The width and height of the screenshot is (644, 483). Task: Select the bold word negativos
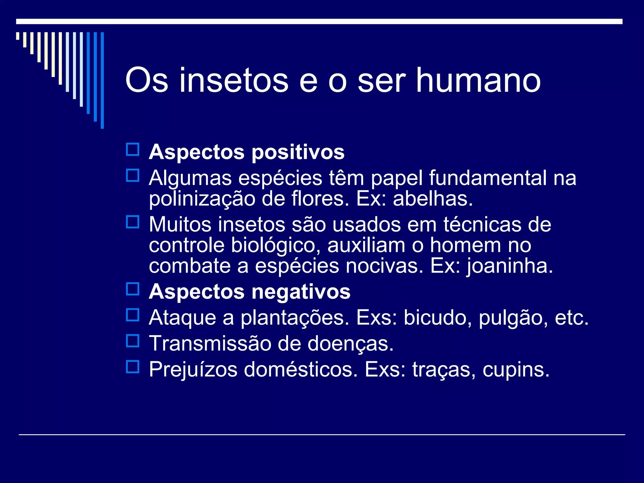pyautogui.click(x=301, y=292)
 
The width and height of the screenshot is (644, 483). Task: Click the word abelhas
pyautogui.click(x=433, y=199)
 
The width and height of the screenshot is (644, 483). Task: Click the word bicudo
pyautogui.click(x=437, y=318)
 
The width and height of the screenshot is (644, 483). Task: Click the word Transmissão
pyautogui.click(x=210, y=343)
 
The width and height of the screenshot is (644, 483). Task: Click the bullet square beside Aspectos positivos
pyautogui.click(x=133, y=150)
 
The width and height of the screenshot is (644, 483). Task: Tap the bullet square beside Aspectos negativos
pyautogui.click(x=133, y=289)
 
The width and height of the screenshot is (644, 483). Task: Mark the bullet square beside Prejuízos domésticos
pyautogui.click(x=133, y=366)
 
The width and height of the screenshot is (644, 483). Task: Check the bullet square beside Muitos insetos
pyautogui.click(x=133, y=222)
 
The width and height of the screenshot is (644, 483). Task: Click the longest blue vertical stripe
pyautogui.click(x=102, y=80)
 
